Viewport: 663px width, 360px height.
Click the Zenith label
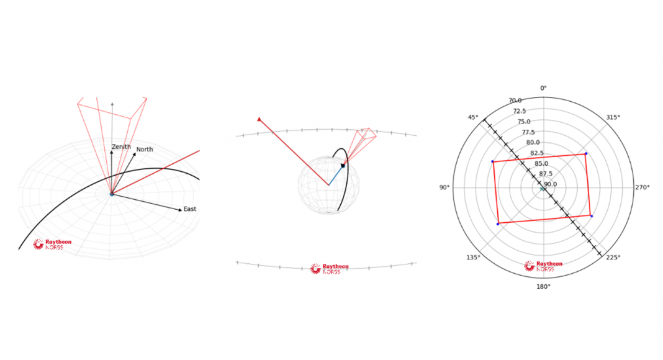pos(121,146)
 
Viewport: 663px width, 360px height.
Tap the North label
pos(145,149)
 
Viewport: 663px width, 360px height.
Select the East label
pos(190,209)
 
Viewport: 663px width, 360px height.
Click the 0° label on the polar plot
pos(543,88)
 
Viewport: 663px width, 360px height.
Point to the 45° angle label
pos(472,117)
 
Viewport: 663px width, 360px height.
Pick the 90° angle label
pos(444,187)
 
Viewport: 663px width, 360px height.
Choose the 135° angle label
pos(473,258)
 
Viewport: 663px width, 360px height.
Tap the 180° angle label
pos(543,287)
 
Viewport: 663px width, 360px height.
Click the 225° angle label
pos(613,258)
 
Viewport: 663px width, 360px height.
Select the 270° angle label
pos(643,187)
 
